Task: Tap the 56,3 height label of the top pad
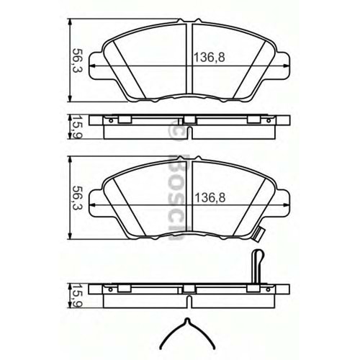pyautogui.click(x=74, y=60)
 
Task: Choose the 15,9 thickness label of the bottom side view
pyautogui.click(x=74, y=294)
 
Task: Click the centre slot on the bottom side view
pyautogui.click(x=189, y=288)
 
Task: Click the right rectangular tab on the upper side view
pyautogui.click(x=254, y=120)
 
